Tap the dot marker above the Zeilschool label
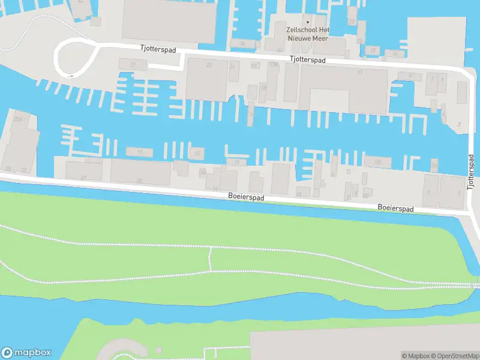tap(308, 23)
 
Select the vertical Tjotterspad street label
tap(471, 172)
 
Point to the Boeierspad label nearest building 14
tap(246, 196)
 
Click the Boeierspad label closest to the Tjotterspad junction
tap(395, 208)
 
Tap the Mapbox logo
tap(26, 352)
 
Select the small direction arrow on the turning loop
tap(71, 76)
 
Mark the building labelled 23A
tap(19, 120)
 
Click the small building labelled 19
tap(139, 152)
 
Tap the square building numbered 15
tap(196, 154)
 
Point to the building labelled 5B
tap(378, 162)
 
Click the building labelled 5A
tap(434, 165)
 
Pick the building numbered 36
tap(242, 43)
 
